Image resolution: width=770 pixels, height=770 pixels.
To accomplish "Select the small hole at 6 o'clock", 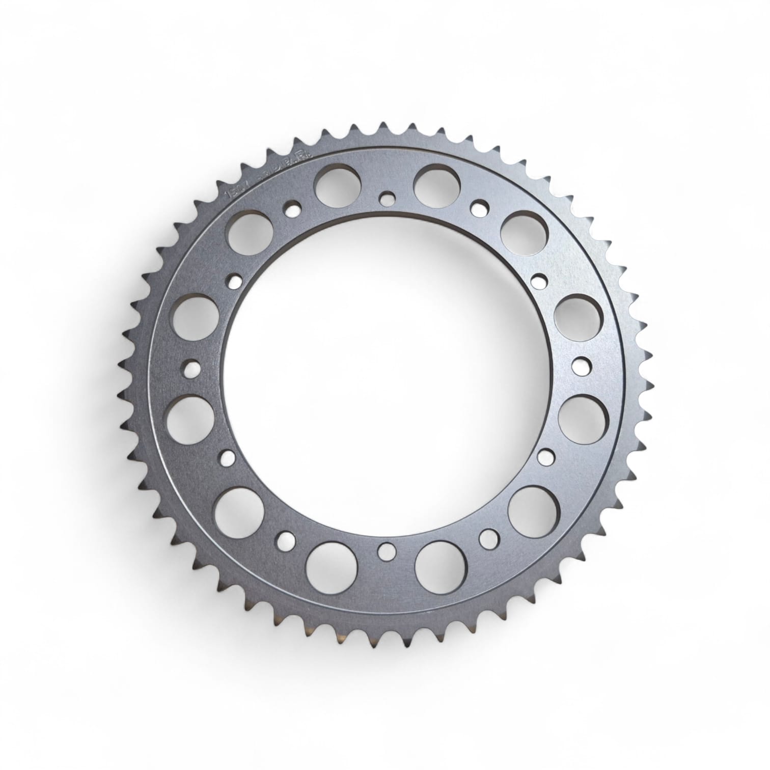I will point(388,549).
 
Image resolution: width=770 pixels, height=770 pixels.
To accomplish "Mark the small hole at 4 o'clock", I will point(545,455).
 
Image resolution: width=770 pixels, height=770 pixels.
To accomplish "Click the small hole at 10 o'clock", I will point(235,280).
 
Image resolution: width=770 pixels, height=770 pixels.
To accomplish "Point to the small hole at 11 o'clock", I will point(292,209).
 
